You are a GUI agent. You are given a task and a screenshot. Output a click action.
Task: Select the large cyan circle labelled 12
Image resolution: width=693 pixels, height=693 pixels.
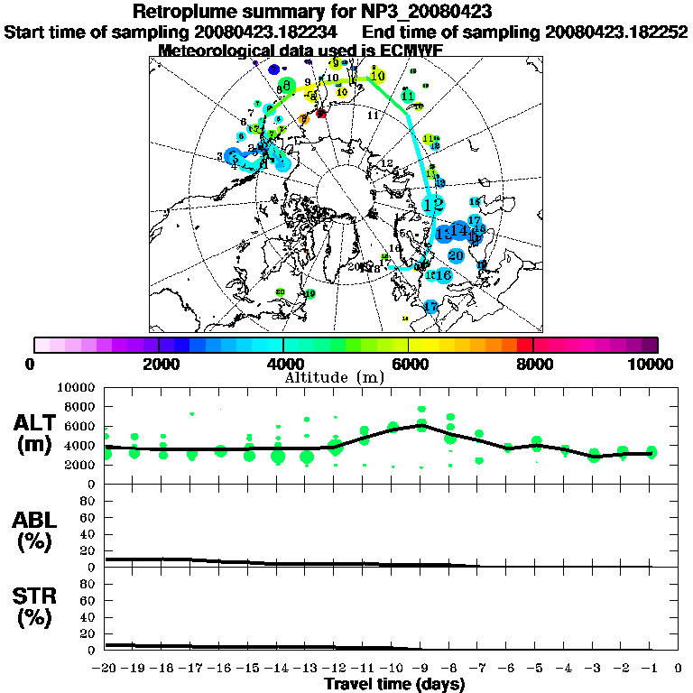point(434,204)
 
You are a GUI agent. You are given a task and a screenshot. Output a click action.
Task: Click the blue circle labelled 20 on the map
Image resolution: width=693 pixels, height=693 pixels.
point(456,255)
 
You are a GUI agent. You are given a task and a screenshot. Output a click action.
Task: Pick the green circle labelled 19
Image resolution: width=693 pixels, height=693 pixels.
point(310,294)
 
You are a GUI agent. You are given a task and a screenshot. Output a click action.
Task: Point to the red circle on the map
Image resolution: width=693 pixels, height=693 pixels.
point(320,113)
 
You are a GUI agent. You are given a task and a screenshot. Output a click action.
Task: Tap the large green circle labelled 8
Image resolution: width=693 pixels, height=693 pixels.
point(287,86)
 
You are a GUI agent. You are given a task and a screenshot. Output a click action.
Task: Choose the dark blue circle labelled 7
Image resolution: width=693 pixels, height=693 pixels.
point(273,69)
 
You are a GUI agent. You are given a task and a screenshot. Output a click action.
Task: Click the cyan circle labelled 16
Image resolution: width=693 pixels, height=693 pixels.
point(443,274)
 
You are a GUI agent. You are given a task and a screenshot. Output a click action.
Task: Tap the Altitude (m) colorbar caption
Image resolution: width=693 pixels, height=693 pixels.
point(346,376)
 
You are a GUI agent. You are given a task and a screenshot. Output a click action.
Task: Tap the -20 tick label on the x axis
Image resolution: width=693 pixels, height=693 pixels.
point(105,668)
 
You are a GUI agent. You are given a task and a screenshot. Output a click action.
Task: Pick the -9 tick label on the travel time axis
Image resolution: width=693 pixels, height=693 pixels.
point(420,668)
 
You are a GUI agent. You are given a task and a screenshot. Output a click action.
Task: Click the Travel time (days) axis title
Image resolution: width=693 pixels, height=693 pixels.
point(394,684)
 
